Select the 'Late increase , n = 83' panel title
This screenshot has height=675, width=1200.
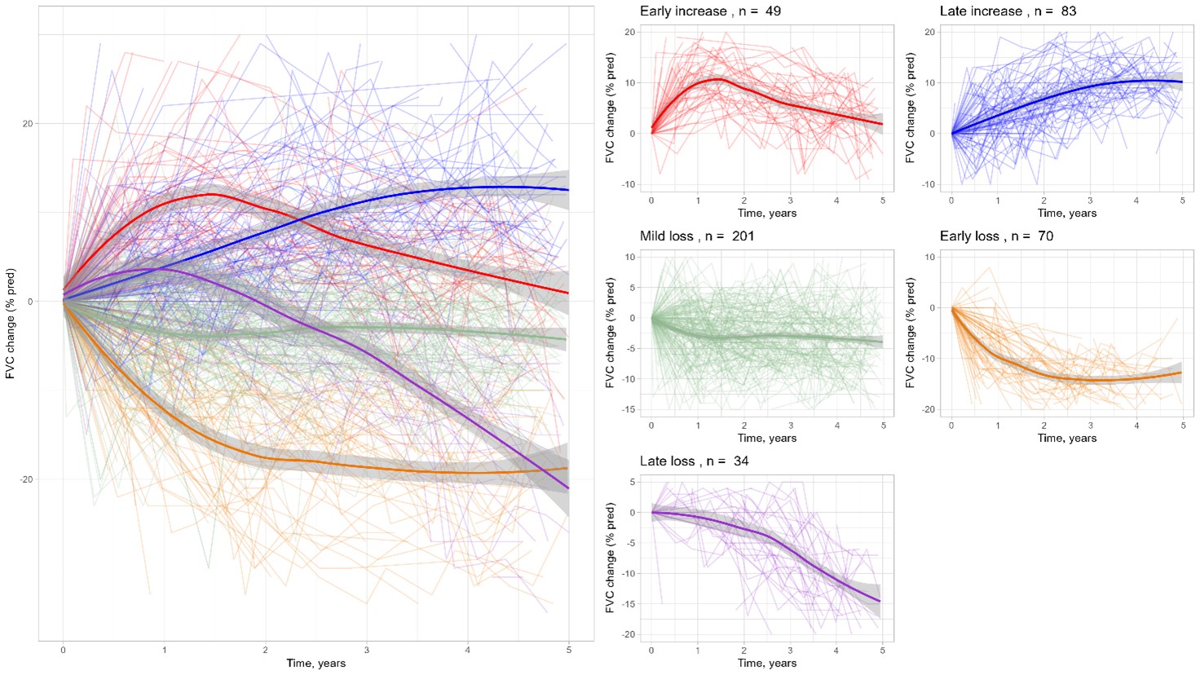[1008, 11]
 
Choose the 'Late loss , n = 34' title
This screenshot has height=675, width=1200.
[694, 461]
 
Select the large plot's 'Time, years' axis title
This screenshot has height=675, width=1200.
[315, 664]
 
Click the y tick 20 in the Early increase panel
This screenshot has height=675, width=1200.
[629, 32]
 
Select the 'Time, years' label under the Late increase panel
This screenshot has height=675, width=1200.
[1066, 214]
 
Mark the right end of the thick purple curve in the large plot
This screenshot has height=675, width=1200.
[568, 488]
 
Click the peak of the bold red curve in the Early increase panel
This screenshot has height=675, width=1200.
[717, 79]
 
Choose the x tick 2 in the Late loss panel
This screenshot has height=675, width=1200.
[744, 651]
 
